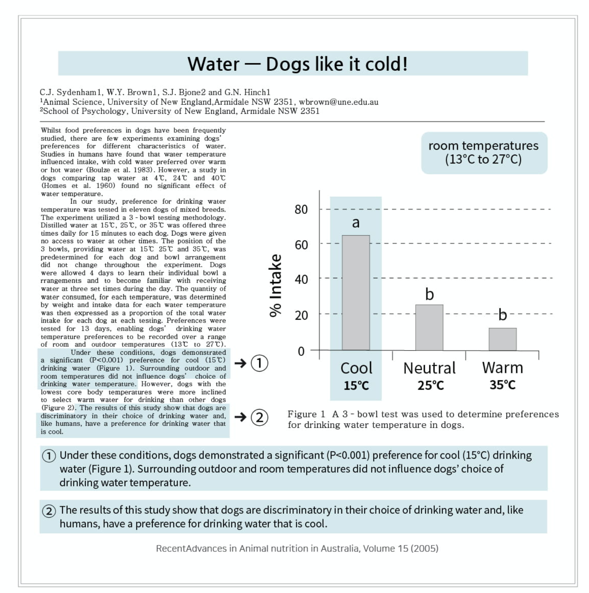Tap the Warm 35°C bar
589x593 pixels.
click(503, 339)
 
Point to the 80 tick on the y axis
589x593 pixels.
click(301, 209)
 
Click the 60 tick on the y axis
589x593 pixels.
click(301, 244)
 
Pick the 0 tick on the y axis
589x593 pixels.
click(301, 351)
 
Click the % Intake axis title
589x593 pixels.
click(275, 285)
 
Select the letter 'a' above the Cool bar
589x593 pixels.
click(355, 222)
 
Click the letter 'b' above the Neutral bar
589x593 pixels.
click(429, 294)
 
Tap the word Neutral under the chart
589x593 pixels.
click(429, 368)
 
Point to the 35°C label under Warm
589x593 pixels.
click(503, 385)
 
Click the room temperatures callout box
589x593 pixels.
click(484, 153)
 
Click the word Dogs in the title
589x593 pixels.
click(288, 64)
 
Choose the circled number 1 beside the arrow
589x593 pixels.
click(259, 363)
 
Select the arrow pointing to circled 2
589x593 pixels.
click(240, 417)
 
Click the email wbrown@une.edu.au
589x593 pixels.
click(338, 102)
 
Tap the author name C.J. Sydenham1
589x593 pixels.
click(70, 92)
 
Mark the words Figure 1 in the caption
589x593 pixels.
click(306, 414)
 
